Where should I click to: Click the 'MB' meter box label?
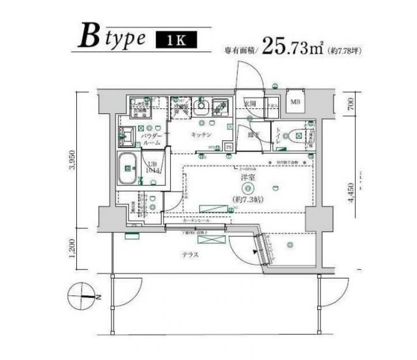click(295, 102)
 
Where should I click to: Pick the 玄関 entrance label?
click(250, 102)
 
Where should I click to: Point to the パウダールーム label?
click(151, 136)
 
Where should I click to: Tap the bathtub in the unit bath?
click(127, 170)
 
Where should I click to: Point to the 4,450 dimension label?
click(351, 194)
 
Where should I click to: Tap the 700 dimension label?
click(351, 103)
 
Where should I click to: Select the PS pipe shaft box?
click(229, 147)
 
